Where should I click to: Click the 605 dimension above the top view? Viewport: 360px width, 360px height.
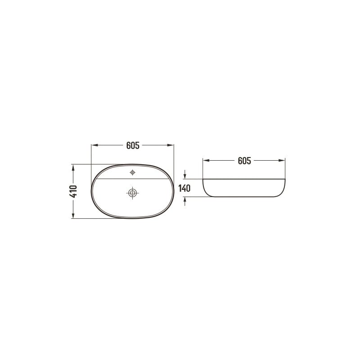[133, 145]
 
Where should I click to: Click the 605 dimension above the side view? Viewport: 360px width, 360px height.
[244, 160]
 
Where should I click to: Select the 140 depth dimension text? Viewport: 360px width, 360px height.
[185, 188]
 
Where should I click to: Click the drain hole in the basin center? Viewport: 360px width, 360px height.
[132, 193]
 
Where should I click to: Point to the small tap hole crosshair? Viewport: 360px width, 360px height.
[132, 172]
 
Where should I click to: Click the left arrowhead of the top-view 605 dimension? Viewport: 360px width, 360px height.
[94, 145]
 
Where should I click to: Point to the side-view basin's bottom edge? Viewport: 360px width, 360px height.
[244, 197]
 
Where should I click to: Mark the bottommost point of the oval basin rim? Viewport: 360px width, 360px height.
[133, 219]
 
